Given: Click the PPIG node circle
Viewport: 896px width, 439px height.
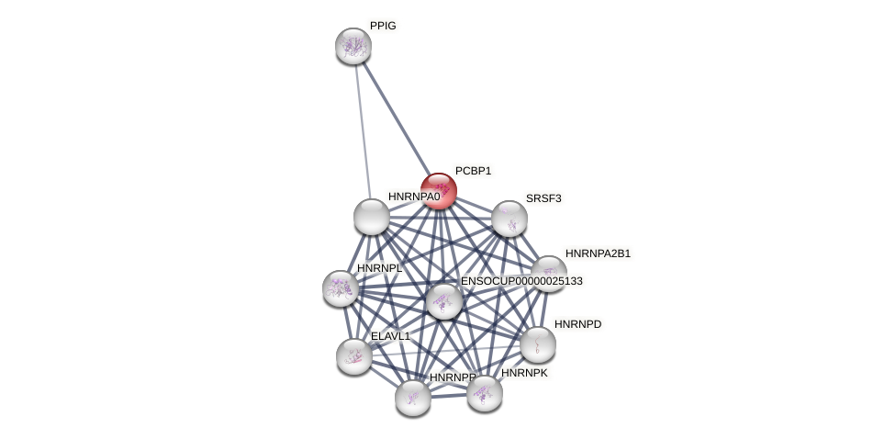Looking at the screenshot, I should pyautogui.click(x=353, y=46).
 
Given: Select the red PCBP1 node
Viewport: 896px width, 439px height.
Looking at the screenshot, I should pyautogui.click(x=439, y=191).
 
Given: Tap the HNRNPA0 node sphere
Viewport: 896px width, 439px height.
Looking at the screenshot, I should pyautogui.click(x=372, y=217).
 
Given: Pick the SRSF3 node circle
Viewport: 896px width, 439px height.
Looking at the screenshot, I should pyautogui.click(x=510, y=219).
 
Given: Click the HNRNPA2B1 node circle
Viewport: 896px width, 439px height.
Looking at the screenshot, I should pyautogui.click(x=548, y=274).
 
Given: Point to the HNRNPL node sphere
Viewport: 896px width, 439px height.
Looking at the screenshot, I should pyautogui.click(x=341, y=288).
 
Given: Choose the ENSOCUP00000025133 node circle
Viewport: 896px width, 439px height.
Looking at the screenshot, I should pyautogui.click(x=444, y=301).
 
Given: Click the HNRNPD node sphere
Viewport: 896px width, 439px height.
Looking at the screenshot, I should pyautogui.click(x=538, y=344).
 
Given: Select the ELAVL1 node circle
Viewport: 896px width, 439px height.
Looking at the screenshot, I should pyautogui.click(x=354, y=356).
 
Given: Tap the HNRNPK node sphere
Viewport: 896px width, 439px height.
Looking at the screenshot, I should pyautogui.click(x=485, y=393).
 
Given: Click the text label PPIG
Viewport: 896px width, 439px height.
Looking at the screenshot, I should pyautogui.click(x=383, y=26).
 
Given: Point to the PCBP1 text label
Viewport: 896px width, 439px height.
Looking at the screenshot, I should pyautogui.click(x=473, y=171).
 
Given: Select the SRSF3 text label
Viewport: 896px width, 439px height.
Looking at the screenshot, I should pyautogui.click(x=543, y=198).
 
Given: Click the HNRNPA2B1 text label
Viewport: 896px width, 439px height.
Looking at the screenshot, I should pyautogui.click(x=598, y=253).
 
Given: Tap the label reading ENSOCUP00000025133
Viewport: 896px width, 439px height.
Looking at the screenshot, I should pyautogui.click(x=521, y=281).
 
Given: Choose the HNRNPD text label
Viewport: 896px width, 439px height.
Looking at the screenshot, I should pyautogui.click(x=577, y=324).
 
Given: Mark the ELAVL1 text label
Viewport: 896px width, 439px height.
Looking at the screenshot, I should pyautogui.click(x=390, y=336).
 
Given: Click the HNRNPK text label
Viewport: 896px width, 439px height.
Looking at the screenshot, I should pyautogui.click(x=524, y=373).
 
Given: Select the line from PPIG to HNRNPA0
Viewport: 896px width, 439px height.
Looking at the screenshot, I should pyautogui.click(x=363, y=131).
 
